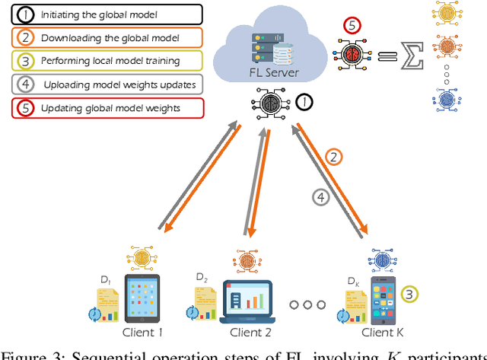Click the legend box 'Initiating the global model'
(102, 14)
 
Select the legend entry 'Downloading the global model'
(102, 37)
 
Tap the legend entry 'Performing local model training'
(102, 61)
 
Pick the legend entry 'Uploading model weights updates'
(102, 84)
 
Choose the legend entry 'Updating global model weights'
(102, 108)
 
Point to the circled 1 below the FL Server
(302, 100)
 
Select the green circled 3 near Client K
(409, 294)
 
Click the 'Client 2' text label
(250, 333)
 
